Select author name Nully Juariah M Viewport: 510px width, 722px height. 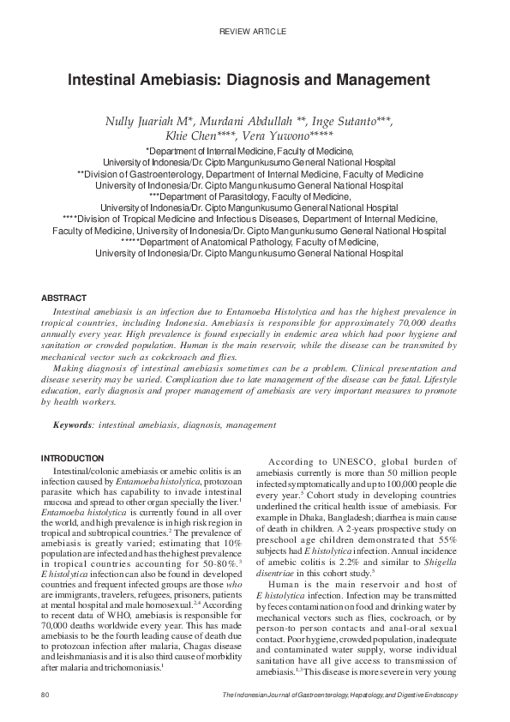(x=142, y=123)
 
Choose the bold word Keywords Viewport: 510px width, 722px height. (x=73, y=424)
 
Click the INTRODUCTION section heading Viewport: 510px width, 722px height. (x=73, y=459)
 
